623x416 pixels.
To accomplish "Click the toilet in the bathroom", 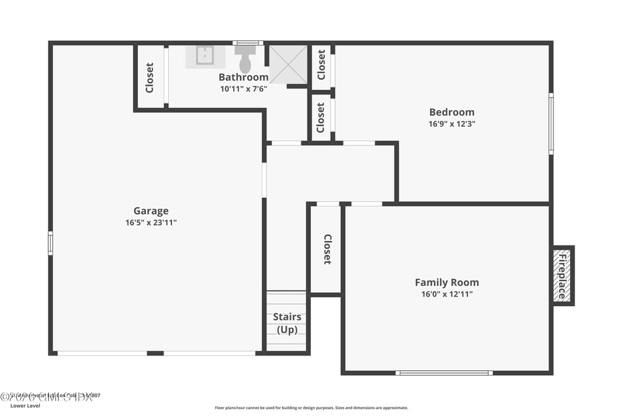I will coord(245,60).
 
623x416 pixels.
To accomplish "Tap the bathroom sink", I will coord(205,55).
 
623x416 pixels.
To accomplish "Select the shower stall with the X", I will coord(288,64).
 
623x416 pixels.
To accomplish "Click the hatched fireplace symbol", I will coord(563,276).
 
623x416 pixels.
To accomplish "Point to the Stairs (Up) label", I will coord(287,323).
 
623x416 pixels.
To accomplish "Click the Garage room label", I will coord(151,211).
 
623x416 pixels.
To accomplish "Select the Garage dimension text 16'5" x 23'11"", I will coord(151,223).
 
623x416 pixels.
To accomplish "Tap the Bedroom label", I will coord(452,112).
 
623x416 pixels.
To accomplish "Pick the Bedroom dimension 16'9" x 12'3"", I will coord(452,124).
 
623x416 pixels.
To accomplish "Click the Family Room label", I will coord(447,282).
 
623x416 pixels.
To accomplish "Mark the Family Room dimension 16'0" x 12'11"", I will coord(447,294).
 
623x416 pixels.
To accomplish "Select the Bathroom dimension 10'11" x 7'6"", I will coord(243,89).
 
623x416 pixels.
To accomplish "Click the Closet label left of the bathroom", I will coord(149,77).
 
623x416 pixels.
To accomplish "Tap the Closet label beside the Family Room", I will coord(328,249).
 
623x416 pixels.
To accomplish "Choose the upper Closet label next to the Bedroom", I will coord(322,64).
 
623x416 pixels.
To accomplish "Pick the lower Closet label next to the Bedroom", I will coord(322,117).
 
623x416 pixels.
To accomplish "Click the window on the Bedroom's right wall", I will coord(551,123).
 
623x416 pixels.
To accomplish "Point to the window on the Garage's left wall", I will coord(50,243).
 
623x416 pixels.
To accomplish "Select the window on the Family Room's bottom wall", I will coord(443,372).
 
